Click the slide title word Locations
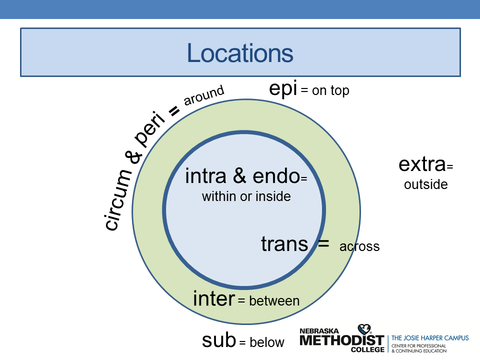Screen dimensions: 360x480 point(240,53)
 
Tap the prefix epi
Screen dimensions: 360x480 point(282,89)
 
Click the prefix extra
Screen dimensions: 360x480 point(421,164)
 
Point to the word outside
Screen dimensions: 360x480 point(425,184)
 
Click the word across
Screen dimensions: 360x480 point(359,246)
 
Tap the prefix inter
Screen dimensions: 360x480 point(213,299)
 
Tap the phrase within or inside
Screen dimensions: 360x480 point(246,196)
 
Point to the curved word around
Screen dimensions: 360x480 point(203,95)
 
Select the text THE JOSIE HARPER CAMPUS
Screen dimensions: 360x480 point(430,338)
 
